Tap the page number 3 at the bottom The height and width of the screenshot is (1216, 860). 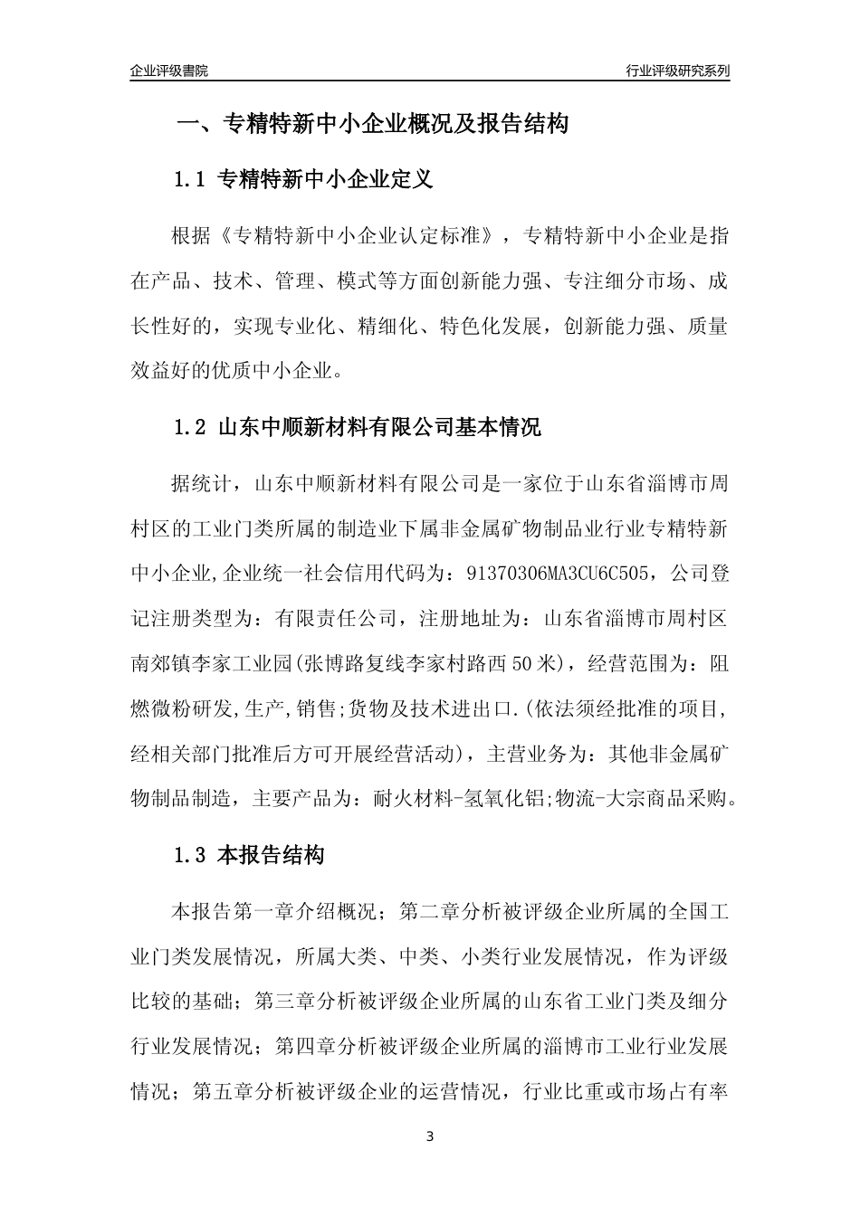(x=430, y=1136)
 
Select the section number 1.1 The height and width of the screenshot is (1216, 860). (x=190, y=179)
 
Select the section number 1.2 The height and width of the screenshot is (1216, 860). (x=190, y=428)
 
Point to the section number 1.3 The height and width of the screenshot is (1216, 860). (x=190, y=855)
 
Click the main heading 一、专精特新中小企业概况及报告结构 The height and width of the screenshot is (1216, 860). (x=371, y=124)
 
